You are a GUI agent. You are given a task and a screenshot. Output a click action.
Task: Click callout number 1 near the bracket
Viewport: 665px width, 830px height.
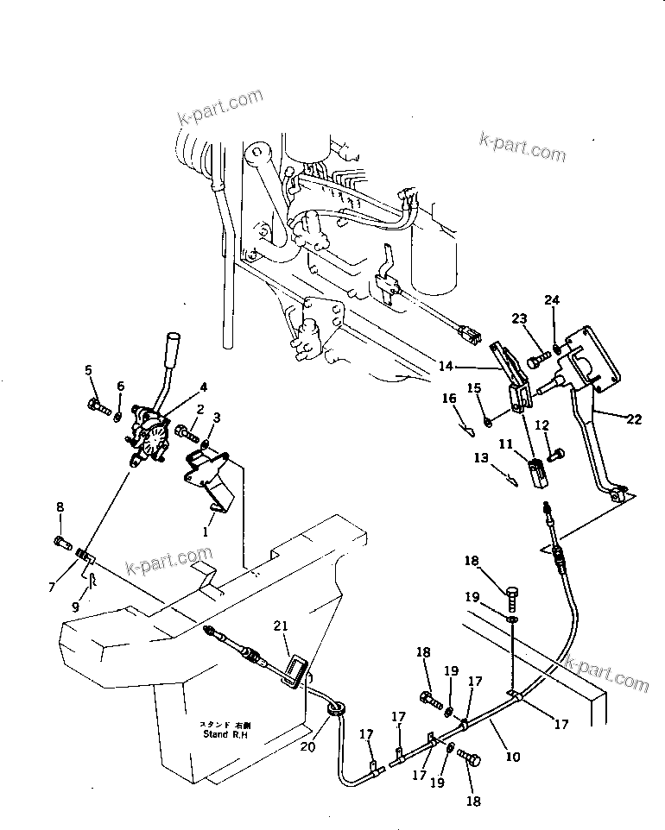pyautogui.click(x=205, y=532)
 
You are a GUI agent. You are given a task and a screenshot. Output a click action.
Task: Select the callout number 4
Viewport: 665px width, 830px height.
pyautogui.click(x=204, y=387)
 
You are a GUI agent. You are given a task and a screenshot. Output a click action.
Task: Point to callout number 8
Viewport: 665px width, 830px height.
pyautogui.click(x=60, y=507)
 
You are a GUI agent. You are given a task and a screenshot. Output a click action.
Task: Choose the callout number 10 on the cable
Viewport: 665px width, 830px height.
pyautogui.click(x=513, y=758)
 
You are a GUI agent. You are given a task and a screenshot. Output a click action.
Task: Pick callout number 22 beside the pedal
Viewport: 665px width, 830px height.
pyautogui.click(x=635, y=419)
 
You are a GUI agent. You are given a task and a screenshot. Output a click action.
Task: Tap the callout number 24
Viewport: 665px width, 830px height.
pyautogui.click(x=552, y=300)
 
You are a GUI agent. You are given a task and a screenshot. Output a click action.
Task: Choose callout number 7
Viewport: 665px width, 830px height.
pyautogui.click(x=53, y=588)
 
